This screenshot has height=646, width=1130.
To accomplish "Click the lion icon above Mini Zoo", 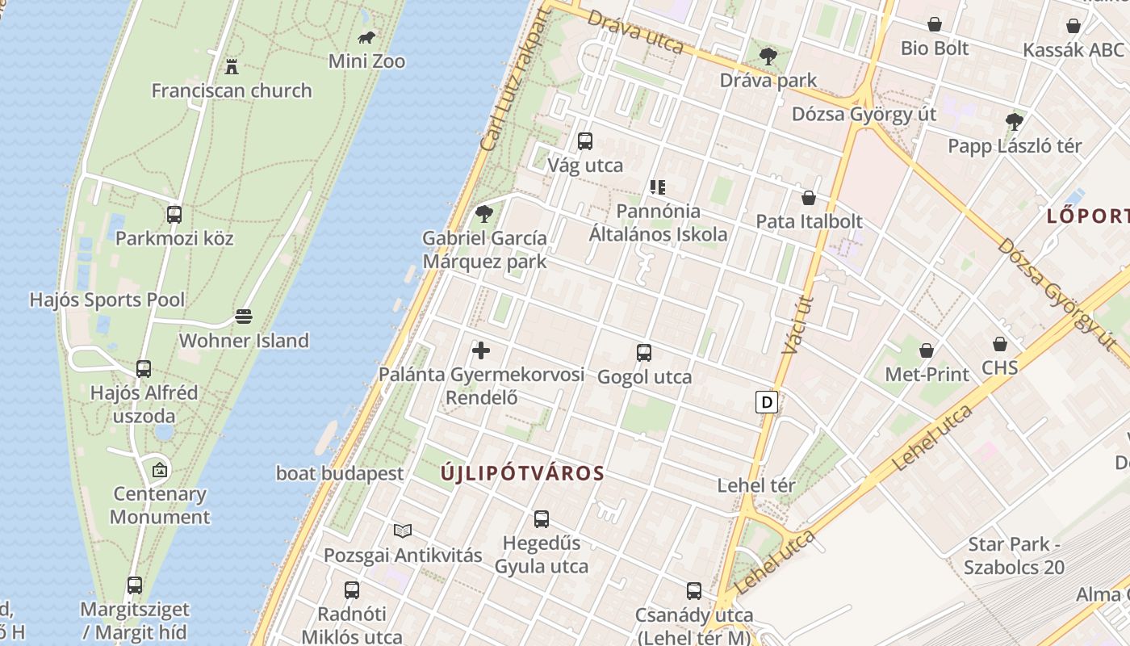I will click(367, 37).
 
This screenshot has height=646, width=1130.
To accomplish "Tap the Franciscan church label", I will click(232, 90).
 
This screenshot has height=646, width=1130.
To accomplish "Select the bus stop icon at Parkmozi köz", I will click(174, 215).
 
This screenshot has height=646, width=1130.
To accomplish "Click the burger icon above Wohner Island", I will click(244, 316).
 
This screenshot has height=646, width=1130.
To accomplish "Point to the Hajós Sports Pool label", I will click(107, 300).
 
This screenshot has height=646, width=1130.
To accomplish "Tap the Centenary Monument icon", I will click(161, 469).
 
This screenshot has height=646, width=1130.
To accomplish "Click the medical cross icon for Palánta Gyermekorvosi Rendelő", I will click(481, 350).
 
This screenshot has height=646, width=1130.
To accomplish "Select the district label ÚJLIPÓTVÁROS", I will click(522, 473).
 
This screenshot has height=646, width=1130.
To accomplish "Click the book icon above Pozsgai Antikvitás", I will click(403, 531).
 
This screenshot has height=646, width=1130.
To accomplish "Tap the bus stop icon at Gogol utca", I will click(644, 353).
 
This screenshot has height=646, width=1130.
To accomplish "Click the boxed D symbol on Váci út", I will click(767, 401).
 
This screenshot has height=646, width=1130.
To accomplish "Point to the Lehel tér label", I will click(756, 485).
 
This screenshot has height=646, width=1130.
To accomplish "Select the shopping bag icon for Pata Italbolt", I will click(809, 197).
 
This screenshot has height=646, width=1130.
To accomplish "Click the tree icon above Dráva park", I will click(768, 57).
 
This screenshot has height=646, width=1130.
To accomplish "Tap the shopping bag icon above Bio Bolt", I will click(935, 24).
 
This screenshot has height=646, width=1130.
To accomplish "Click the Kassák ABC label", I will click(1073, 50).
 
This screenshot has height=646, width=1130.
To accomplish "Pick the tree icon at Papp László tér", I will click(1015, 122).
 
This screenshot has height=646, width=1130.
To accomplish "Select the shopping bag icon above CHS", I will click(1000, 344).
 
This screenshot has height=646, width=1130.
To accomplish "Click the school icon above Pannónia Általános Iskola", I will click(658, 187).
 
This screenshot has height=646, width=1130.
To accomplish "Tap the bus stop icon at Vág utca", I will click(585, 141).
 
